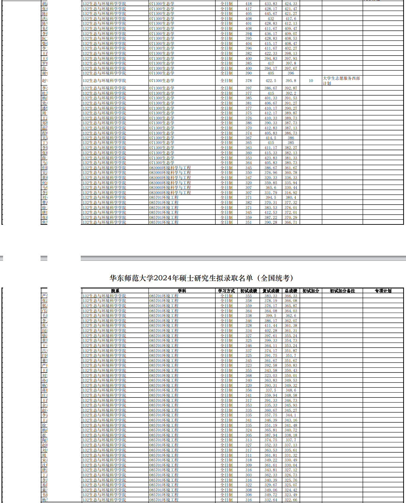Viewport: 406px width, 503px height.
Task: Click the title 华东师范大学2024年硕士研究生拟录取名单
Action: click(x=201, y=278)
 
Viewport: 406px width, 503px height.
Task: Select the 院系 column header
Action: click(x=115, y=291)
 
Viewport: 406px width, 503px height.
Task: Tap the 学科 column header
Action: click(x=182, y=291)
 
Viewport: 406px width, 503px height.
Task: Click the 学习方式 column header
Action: click(x=227, y=291)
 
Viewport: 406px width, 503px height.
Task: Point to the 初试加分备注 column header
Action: click(x=342, y=291)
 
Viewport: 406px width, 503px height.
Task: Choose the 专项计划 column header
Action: click(x=383, y=291)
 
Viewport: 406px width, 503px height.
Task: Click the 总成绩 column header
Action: click(x=291, y=291)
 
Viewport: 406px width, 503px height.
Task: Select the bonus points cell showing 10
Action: click(x=311, y=81)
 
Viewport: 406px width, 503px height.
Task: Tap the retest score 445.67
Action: click(x=271, y=14)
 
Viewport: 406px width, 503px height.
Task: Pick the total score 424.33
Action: click(x=291, y=4)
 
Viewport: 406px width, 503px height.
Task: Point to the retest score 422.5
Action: click(x=271, y=81)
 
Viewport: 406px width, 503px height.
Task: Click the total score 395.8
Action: click(x=291, y=81)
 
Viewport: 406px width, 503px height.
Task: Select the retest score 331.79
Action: click(x=271, y=193)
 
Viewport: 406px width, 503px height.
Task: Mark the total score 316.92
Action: click(x=291, y=193)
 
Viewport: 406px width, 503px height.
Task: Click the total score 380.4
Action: click(x=291, y=198)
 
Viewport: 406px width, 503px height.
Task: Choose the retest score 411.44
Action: click(x=271, y=326)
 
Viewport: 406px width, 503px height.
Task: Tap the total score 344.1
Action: click(x=291, y=415)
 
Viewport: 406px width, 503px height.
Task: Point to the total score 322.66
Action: click(x=291, y=500)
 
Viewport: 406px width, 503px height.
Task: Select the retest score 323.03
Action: click(x=271, y=376)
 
